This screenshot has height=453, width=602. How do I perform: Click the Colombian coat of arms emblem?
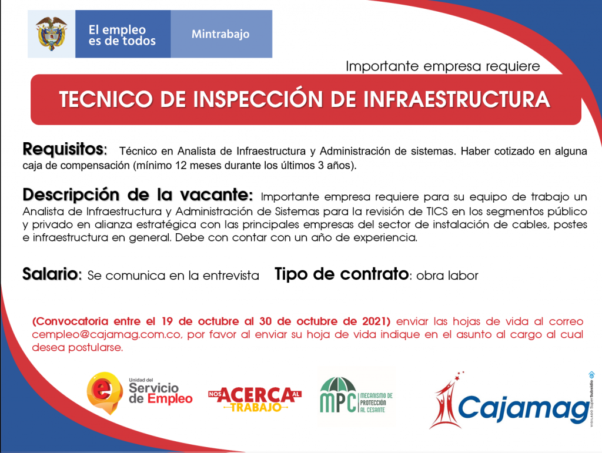point(51,33)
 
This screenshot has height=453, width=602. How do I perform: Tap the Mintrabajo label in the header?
point(220,34)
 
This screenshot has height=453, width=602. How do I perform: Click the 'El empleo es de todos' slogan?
point(122,35)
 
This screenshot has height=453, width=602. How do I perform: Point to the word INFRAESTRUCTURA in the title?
point(456,99)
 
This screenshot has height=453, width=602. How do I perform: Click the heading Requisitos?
point(65,149)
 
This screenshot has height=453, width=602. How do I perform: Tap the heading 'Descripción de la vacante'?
point(138,195)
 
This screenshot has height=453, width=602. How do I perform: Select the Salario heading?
point(52,274)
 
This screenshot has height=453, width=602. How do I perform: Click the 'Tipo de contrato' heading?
point(342,274)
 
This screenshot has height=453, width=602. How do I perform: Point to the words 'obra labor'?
point(447,276)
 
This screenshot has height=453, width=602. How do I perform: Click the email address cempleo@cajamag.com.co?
point(106,334)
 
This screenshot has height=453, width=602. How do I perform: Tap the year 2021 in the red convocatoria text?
point(376,321)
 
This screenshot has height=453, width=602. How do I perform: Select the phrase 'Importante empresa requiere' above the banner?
point(443,66)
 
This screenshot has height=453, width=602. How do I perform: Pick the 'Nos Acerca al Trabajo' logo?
point(255,399)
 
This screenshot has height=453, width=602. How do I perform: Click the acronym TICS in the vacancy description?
point(437,212)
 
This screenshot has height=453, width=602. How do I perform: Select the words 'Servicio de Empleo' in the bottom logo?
point(160,393)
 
